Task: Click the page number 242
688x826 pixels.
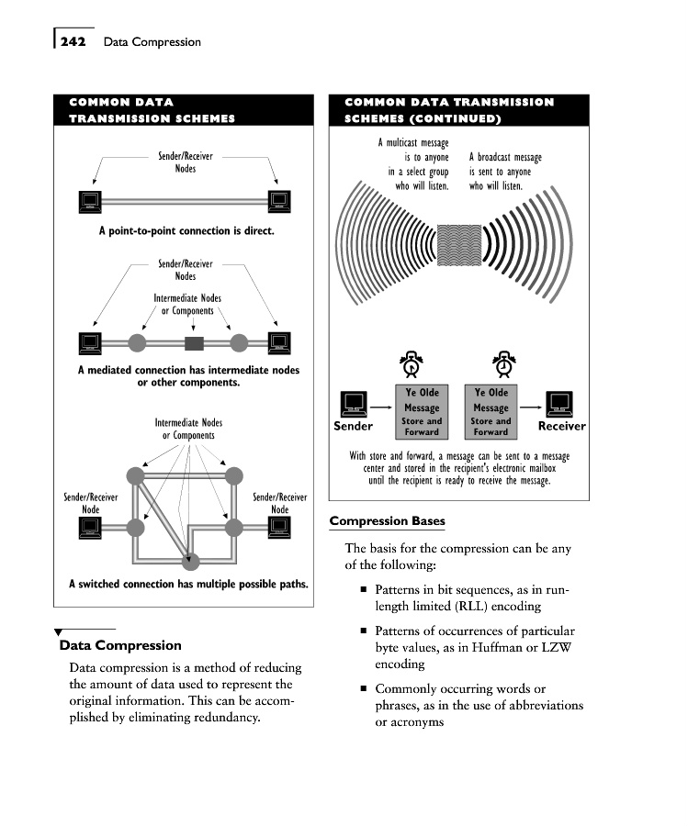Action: [73, 41]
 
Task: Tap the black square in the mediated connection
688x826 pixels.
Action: [193, 343]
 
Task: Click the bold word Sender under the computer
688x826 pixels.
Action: [353, 426]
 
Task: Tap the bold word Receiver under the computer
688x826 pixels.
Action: [561, 426]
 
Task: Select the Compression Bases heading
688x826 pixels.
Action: [387, 521]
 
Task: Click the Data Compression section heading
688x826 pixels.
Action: [120, 645]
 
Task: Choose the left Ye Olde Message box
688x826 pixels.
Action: [422, 410]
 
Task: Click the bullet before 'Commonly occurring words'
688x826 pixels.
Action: [364, 688]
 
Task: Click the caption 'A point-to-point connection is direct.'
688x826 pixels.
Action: [186, 231]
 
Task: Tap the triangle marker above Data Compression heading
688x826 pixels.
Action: [59, 631]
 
